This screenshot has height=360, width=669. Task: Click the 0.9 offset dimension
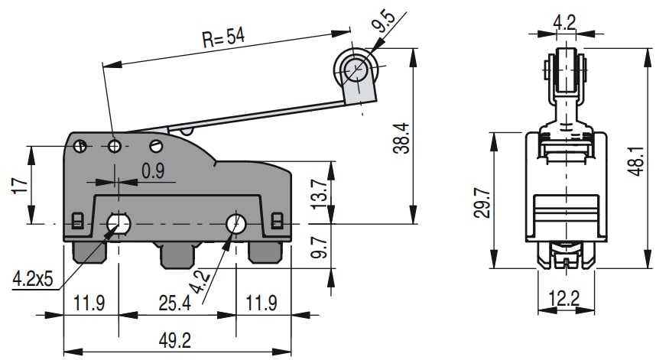coord(153,171)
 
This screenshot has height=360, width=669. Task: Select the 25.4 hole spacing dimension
coord(177,303)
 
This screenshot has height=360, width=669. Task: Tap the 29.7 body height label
coord(482,200)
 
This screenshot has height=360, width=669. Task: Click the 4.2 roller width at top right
coord(565,22)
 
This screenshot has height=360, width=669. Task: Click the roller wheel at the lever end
coord(354,70)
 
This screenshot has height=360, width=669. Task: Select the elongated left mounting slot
coord(118,223)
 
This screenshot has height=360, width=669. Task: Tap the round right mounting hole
coord(235,223)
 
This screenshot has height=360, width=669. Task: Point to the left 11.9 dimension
coord(89,303)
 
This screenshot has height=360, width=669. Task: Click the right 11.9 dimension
coord(262,303)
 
